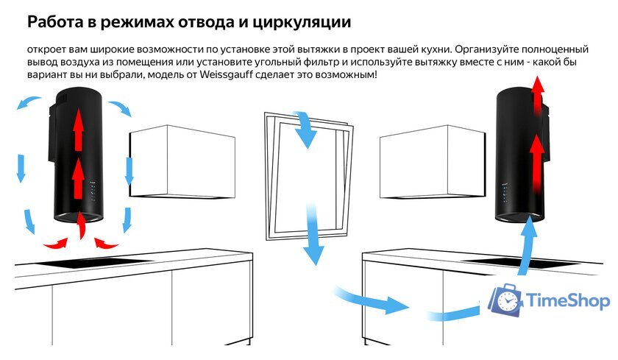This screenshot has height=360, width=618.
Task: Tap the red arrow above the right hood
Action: [x=539, y=96]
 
